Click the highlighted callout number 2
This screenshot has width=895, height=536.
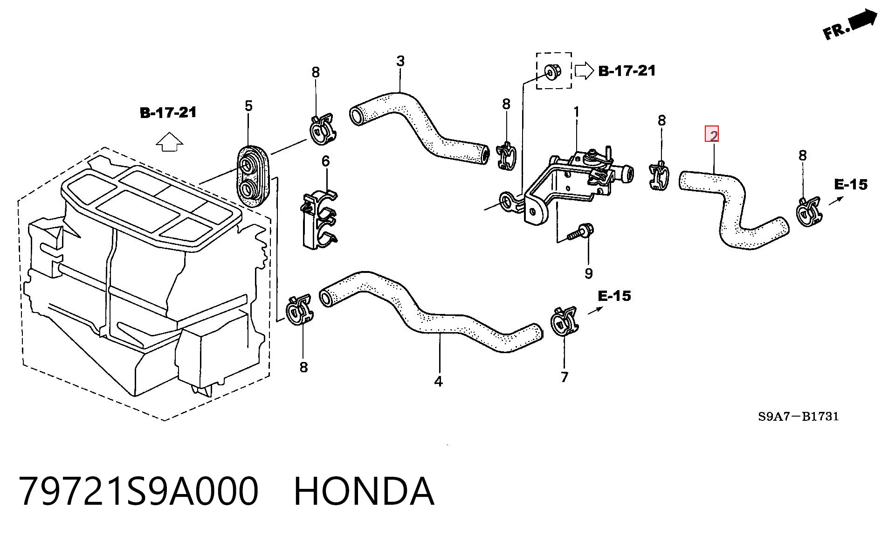click(x=712, y=134)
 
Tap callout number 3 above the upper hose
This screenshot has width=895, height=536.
click(x=400, y=61)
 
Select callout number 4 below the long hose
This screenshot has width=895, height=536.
click(x=438, y=382)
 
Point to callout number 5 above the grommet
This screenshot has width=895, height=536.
click(x=248, y=106)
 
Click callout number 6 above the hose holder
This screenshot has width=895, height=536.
click(x=325, y=161)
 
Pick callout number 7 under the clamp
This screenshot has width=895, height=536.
click(x=565, y=377)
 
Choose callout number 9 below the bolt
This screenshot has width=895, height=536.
click(x=588, y=273)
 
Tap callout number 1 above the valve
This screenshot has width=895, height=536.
click(x=577, y=112)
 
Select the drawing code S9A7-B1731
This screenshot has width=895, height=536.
click(x=799, y=416)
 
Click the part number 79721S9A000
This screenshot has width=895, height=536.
click(x=138, y=492)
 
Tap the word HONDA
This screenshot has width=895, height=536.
click(x=364, y=492)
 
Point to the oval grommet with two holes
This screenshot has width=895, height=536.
click(x=253, y=175)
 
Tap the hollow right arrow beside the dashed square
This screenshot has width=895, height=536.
click(x=584, y=70)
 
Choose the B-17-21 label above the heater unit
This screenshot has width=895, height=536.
click(x=168, y=112)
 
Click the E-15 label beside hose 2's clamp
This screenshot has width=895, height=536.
click(x=851, y=185)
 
